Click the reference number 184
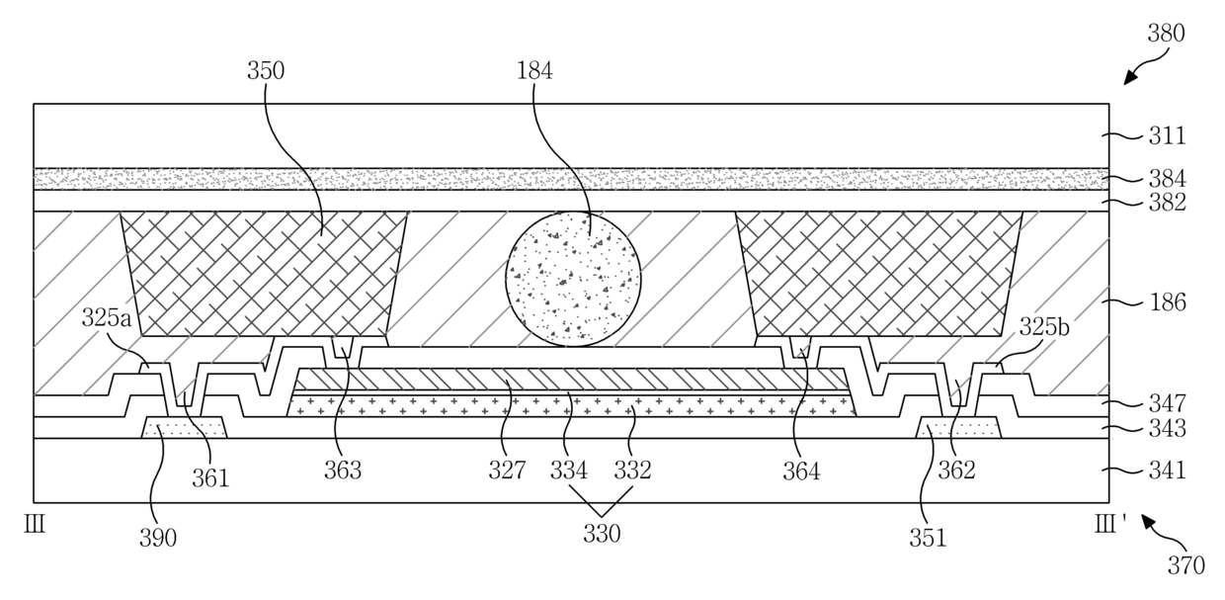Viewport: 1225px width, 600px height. [x=533, y=70]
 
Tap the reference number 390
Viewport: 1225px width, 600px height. [x=158, y=538]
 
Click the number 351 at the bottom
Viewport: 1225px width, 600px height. [x=929, y=538]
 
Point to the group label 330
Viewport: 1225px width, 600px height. [x=602, y=535]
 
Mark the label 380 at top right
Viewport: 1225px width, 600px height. [x=1167, y=34]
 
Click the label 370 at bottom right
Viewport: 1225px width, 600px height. [x=1185, y=566]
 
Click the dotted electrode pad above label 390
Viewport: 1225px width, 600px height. [x=185, y=428]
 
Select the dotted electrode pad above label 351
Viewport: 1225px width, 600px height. [x=959, y=428]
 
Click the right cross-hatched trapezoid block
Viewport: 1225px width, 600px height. [x=879, y=272]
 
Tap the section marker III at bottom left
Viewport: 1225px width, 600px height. [x=35, y=525]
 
